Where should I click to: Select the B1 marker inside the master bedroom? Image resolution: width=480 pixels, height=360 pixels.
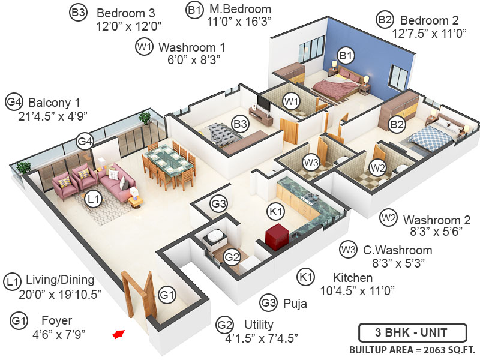345,55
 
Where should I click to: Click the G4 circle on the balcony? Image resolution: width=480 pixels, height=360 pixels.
85,142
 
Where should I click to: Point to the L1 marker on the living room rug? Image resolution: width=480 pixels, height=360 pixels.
94,199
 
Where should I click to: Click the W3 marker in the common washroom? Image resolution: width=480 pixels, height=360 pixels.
310,162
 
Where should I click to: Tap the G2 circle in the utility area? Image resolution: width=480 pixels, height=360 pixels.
232,257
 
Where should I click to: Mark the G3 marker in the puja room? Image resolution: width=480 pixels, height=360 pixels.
219,204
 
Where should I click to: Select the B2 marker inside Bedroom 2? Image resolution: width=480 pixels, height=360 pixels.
396,125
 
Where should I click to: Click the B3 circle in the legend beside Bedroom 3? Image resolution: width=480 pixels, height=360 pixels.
79,13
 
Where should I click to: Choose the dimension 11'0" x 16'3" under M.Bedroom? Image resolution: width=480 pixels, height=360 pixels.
228,23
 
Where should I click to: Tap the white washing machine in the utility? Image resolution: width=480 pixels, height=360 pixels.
214,238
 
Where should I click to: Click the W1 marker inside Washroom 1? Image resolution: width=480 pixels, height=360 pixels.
292,101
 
